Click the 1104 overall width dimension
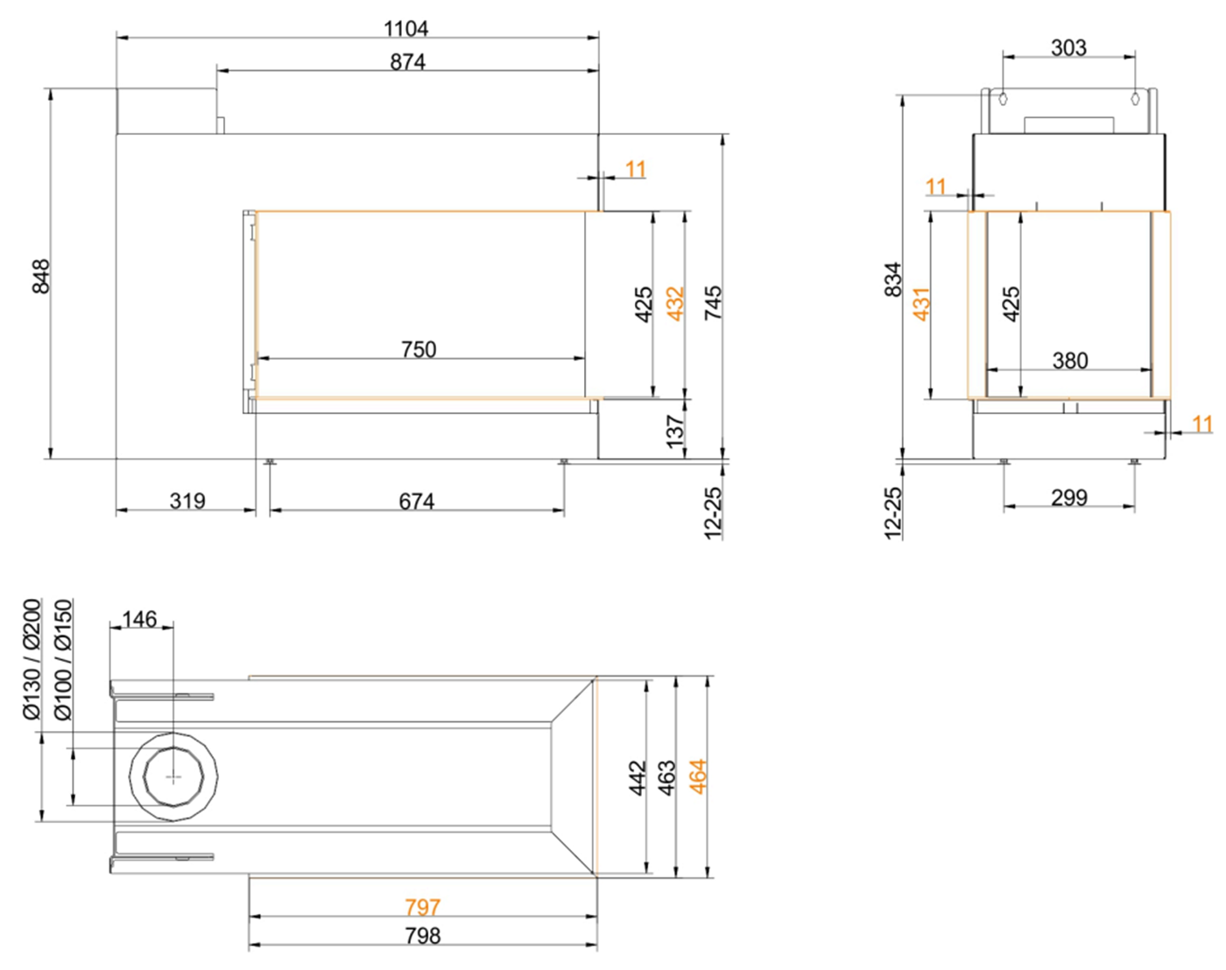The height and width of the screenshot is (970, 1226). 405,29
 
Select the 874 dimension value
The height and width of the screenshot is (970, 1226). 408,62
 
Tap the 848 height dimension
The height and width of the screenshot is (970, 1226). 41,276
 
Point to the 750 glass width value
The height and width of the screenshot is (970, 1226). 419,349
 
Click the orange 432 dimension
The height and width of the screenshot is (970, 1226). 675,303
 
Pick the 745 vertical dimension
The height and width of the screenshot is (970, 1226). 713,302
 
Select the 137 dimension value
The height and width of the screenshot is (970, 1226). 675,431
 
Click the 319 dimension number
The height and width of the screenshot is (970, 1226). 187,501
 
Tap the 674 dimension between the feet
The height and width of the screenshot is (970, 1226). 417,502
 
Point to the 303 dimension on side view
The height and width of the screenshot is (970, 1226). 1068,47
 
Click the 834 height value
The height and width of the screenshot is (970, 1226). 893,279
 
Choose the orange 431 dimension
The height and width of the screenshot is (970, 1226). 921,303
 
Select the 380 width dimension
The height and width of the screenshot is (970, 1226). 1070,360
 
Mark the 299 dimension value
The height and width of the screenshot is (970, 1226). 1069,497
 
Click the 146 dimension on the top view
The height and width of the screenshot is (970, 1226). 139,619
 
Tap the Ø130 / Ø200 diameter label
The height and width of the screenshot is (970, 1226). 32,659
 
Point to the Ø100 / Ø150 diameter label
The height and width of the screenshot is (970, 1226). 63,659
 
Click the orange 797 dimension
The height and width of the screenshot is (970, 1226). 423,907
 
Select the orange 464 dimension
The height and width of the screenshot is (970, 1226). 698,776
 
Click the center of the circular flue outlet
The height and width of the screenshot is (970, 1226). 173,777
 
